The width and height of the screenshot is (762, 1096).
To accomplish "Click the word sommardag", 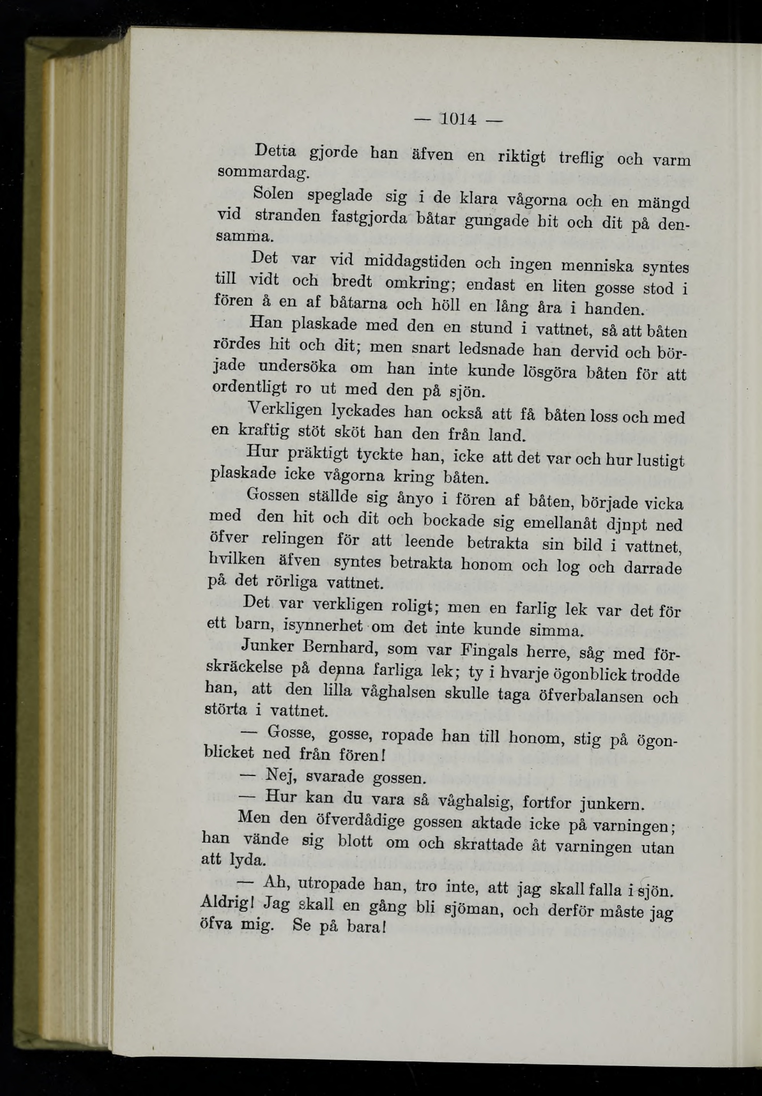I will point(263,171).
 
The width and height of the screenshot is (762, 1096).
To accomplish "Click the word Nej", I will point(281,775).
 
